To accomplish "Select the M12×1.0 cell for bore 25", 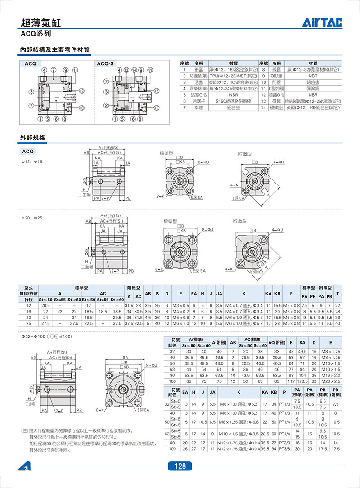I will [180, 323].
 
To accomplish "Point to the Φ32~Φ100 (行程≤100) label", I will [46, 336].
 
